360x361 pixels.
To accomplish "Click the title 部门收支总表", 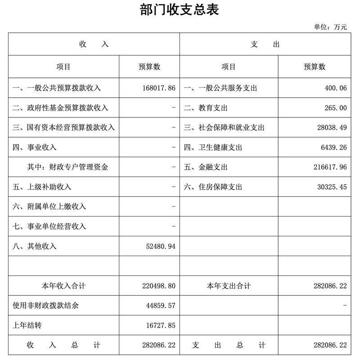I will pyautogui.click(x=180, y=10).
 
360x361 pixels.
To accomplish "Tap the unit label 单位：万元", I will pyautogui.click(x=330, y=27).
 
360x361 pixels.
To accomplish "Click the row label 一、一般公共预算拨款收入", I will pyautogui.click(x=57, y=88).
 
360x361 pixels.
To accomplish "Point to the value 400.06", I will pyautogui.click(x=335, y=88).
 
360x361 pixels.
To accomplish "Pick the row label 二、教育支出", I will pyautogui.click(x=206, y=108).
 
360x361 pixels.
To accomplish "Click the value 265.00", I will pyautogui.click(x=335, y=108).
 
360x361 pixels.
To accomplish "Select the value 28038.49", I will pyautogui.click(x=332, y=128).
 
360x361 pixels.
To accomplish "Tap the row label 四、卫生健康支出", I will pyautogui.click(x=213, y=148).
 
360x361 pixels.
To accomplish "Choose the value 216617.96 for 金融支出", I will pyautogui.click(x=330, y=167).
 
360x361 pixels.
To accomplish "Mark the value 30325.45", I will pyautogui.click(x=332, y=187).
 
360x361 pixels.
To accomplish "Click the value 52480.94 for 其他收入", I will pyautogui.click(x=157, y=246).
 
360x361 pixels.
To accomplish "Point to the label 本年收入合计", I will pyautogui.click(x=63, y=286).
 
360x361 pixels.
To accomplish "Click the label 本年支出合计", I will pyautogui.click(x=229, y=286).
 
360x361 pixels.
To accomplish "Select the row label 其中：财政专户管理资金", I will pyautogui.click(x=67, y=167).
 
